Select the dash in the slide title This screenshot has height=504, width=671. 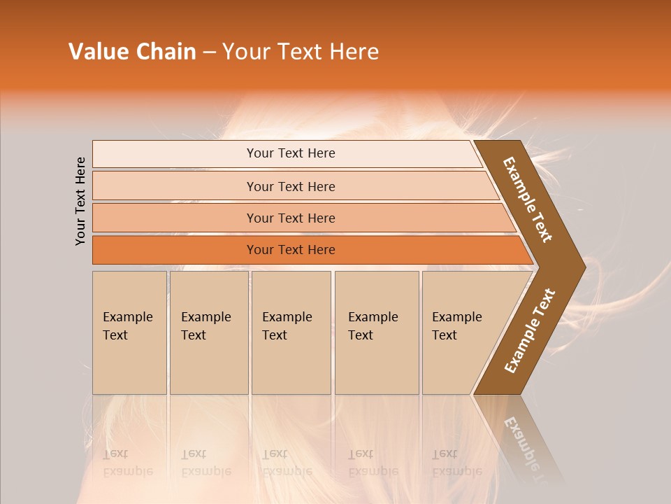pos(209,52)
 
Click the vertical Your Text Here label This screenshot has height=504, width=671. pos(80,201)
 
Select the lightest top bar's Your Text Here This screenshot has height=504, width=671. pos(291,153)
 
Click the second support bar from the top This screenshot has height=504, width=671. pos(291,186)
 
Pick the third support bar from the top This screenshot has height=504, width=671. pos(291,218)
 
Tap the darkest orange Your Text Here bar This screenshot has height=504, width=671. pos(291,250)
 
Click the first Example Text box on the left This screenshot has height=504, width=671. pos(129,326)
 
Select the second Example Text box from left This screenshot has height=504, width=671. pos(207,326)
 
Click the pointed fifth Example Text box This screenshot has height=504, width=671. pos(458,326)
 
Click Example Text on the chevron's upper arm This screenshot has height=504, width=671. pos(528,199)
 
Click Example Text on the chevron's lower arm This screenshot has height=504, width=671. pos(530,331)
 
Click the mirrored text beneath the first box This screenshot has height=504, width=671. pos(128,462)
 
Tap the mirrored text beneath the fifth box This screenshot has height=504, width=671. pos(456,462)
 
